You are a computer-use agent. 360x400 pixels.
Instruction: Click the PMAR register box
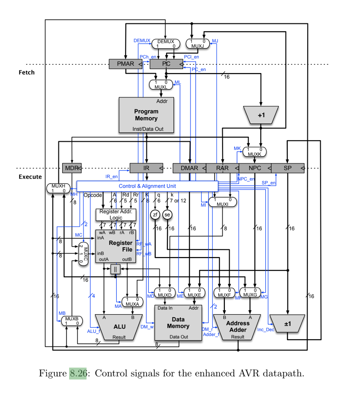pos(125,64)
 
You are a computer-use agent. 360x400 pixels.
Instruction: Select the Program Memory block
pos(146,115)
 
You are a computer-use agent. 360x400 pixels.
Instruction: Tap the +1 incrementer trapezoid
pos(261,115)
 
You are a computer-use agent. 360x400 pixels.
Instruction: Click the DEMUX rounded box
pos(166,44)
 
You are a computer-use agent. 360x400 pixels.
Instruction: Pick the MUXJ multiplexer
pos(198,44)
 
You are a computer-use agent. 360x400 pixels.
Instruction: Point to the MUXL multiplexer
pos(161,84)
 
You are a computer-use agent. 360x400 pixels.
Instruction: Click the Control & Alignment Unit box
pos(147,186)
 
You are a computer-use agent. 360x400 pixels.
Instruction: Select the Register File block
pos(116,246)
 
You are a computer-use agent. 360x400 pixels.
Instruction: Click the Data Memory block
pos(178,323)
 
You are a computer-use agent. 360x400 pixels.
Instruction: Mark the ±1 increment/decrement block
pos(287,324)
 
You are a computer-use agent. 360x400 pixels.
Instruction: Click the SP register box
pos(288,168)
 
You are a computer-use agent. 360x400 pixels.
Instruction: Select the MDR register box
pos(72,168)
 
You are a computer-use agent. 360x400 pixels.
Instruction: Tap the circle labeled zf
pos(155,214)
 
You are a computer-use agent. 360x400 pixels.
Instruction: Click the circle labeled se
pos(168,214)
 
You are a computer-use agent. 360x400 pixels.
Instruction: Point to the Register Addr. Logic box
pos(116,214)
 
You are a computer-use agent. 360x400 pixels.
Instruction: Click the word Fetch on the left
pos(27,72)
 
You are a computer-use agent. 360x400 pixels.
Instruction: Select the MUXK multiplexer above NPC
pos(255,152)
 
